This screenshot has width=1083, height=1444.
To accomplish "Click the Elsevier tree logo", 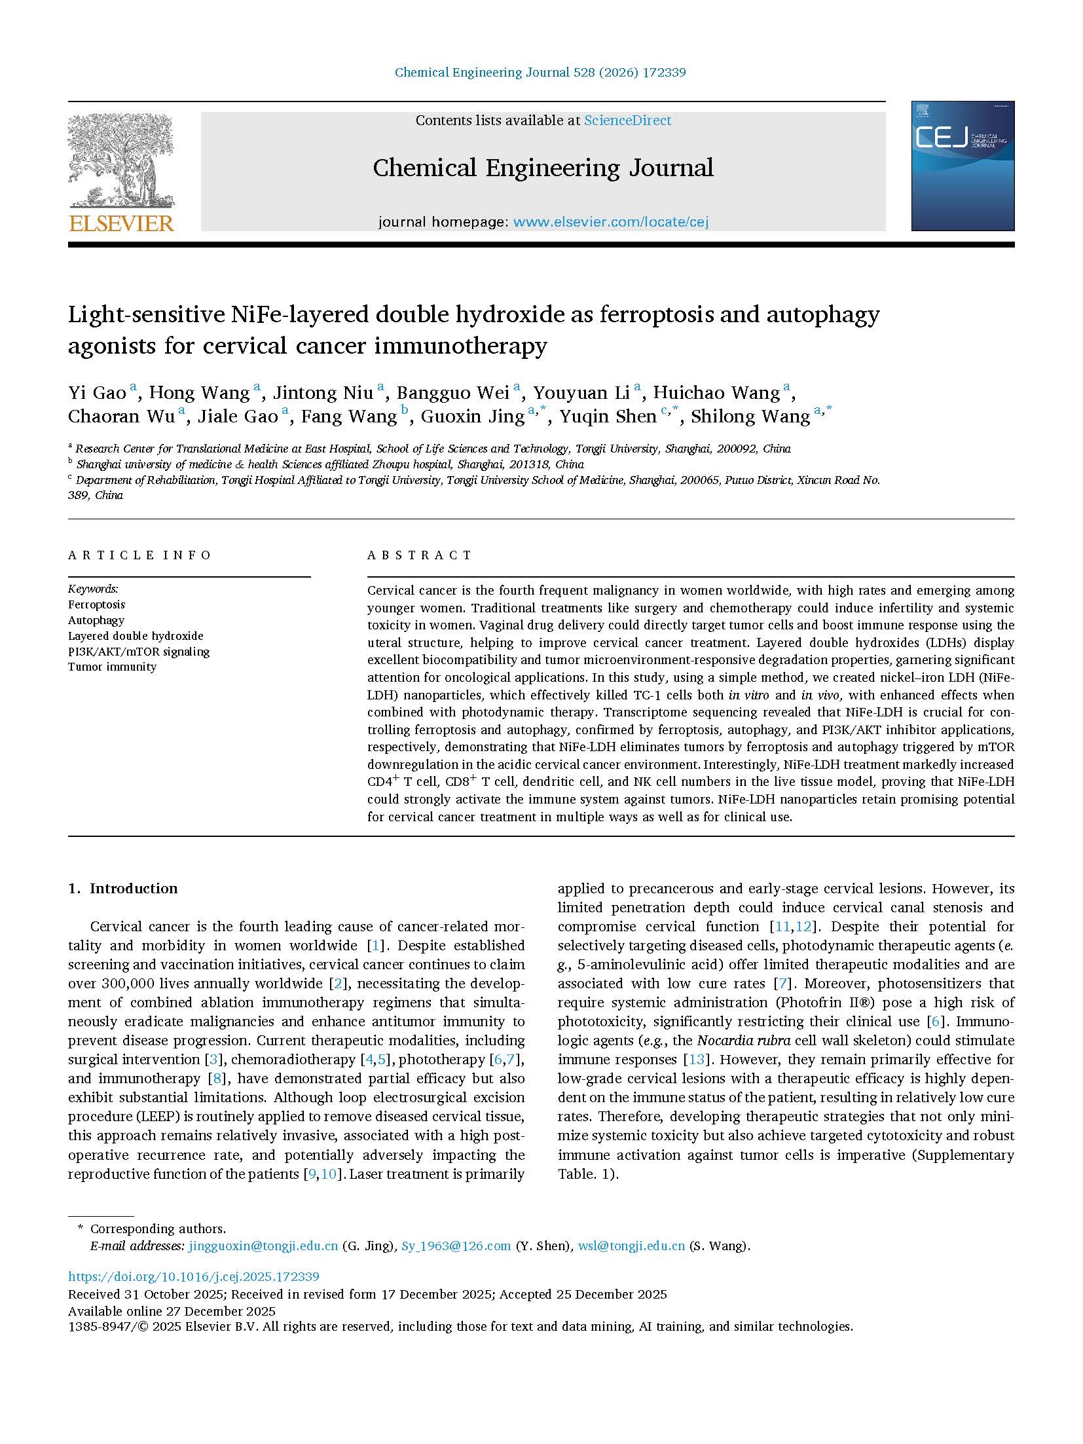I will [x=120, y=160].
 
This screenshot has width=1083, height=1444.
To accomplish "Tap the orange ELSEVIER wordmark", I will [x=121, y=223].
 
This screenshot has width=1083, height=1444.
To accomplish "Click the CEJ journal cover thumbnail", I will [x=963, y=166].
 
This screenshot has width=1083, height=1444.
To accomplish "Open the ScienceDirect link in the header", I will [x=627, y=120].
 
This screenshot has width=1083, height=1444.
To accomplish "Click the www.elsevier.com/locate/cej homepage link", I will [x=610, y=222].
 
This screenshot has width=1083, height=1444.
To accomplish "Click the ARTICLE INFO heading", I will [x=139, y=555].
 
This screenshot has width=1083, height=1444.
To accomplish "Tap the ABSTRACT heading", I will [x=419, y=555].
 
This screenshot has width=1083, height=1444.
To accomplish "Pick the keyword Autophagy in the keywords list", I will [x=96, y=620].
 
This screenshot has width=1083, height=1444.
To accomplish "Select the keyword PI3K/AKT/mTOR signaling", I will [x=139, y=652].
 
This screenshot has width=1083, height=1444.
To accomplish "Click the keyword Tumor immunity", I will [x=112, y=667].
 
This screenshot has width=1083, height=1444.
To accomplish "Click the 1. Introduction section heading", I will [x=123, y=889].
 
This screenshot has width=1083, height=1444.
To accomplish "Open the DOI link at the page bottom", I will [x=194, y=1276].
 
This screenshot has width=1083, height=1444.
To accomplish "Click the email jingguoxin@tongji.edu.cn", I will [x=263, y=1246].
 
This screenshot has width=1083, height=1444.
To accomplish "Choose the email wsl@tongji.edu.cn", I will [x=631, y=1246].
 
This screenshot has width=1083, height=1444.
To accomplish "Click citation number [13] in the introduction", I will [x=693, y=1060].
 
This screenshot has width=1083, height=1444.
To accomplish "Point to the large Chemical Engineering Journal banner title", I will [x=543, y=168].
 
